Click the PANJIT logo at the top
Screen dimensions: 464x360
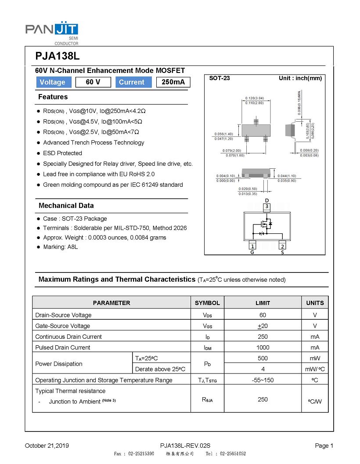click(52, 32)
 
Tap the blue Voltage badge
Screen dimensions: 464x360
click(52, 82)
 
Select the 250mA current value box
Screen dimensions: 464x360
click(173, 82)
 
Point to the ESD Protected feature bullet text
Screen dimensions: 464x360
click(62, 153)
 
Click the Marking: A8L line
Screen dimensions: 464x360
click(60, 247)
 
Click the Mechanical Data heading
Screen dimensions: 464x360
click(66, 206)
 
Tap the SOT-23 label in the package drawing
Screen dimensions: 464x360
click(220, 78)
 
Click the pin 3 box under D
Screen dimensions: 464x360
click(266, 206)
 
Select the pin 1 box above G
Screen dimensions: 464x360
click(252, 246)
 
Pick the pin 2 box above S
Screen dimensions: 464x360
click(282, 246)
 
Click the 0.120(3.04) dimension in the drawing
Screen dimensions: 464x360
click(254, 98)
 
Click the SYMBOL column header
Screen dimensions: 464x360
click(207, 303)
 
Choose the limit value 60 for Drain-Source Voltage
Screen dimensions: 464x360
click(263, 315)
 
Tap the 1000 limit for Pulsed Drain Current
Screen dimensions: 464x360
click(263, 348)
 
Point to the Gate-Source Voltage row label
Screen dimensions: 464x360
click(62, 326)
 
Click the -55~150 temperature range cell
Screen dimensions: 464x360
click(263, 380)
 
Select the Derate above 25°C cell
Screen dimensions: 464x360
click(160, 369)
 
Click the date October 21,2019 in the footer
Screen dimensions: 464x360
click(47, 446)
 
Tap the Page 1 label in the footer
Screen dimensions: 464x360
click(324, 446)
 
